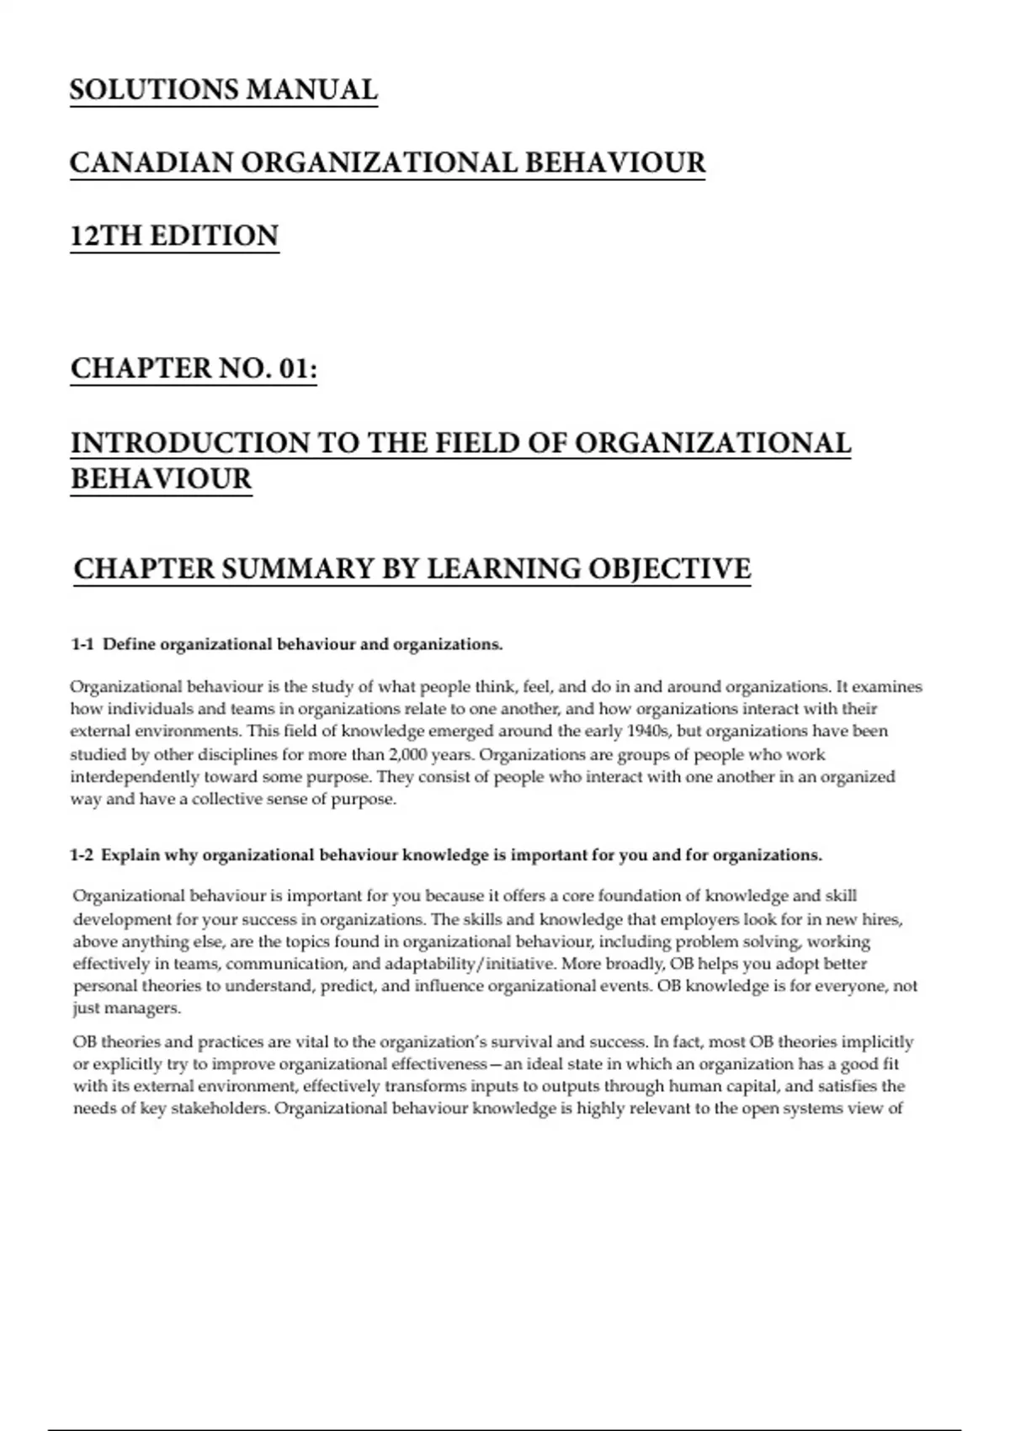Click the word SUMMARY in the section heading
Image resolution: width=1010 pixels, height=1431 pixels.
[296, 569]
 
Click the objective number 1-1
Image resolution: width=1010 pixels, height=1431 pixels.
[82, 645]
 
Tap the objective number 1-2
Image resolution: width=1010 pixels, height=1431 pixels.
[82, 855]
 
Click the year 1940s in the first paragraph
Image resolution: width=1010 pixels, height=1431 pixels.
[645, 731]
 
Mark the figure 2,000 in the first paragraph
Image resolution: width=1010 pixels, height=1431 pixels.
[407, 754]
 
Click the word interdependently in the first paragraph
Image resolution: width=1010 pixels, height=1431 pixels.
[135, 777]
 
